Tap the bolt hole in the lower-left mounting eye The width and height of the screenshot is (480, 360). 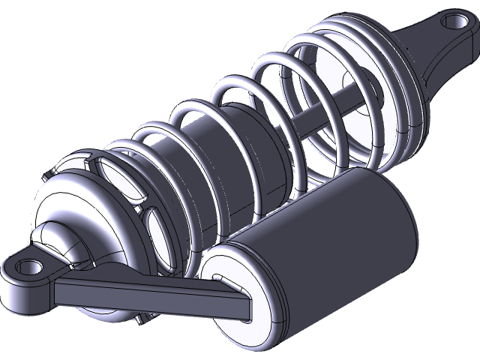pyautogui.click(x=28, y=266)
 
